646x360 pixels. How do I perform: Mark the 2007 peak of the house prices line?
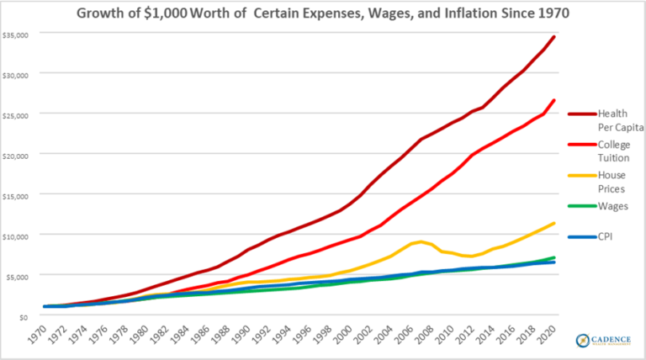421,241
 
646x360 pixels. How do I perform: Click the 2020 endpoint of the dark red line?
553,37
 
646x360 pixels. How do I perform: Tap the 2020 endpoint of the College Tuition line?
553,100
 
